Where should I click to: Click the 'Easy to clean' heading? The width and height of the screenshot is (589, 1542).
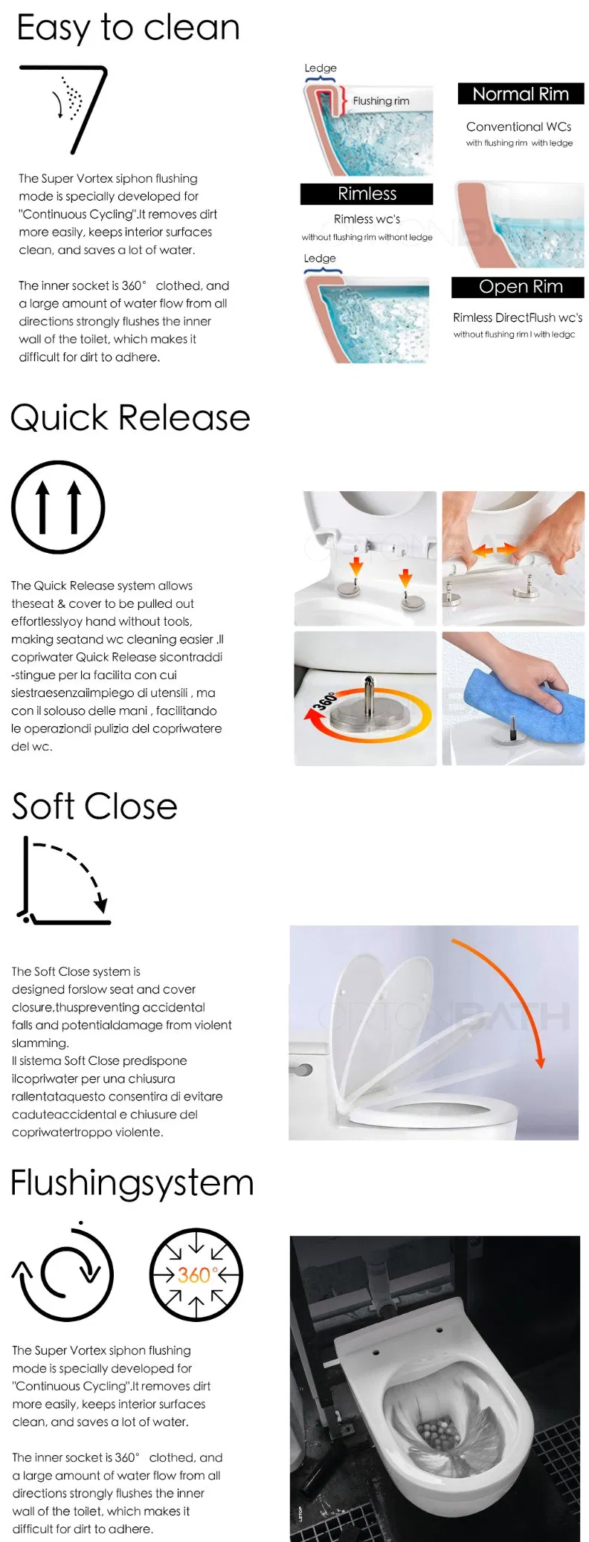pos(128,28)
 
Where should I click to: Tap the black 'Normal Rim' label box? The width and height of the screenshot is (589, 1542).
pos(521,94)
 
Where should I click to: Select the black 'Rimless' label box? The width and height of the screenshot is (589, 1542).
pos(367,194)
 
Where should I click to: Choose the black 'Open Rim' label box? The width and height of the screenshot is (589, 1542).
pos(520,287)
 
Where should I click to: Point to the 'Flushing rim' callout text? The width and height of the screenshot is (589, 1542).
pos(381,101)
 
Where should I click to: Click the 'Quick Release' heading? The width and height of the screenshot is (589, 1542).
pos(131,418)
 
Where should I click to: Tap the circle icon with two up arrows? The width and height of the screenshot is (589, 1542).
pos(58,508)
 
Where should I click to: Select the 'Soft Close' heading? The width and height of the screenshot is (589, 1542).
pos(94,806)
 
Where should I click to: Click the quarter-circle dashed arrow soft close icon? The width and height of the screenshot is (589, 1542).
pos(64,880)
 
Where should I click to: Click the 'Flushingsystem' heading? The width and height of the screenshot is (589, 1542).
pos(132,1182)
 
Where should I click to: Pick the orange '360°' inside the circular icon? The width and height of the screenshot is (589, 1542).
pos(195,1275)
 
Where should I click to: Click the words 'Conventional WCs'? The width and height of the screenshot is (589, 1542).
pos(518,127)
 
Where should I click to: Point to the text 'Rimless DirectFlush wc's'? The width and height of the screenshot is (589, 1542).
pos(518,318)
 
